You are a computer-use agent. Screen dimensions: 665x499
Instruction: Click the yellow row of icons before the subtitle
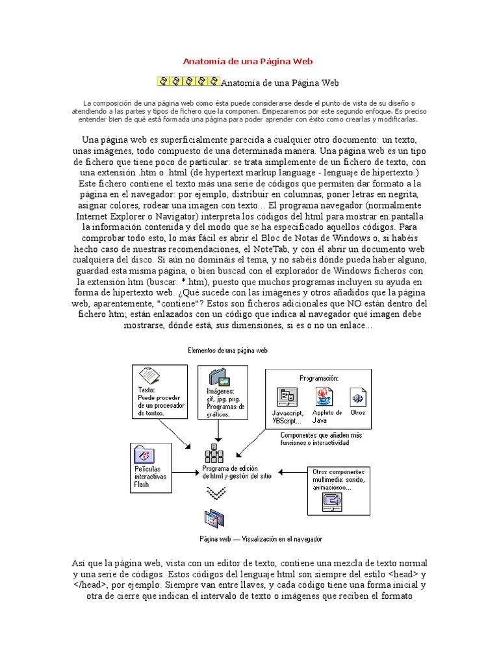(x=188, y=82)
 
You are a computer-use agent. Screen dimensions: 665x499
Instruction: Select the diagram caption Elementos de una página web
(x=227, y=350)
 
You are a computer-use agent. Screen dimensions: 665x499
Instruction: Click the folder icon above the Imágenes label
(x=218, y=377)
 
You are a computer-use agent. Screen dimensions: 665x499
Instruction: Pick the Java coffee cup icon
(x=324, y=397)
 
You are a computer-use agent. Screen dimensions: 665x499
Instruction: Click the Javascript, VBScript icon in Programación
(x=287, y=397)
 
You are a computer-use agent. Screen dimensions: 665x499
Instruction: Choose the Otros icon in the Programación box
(x=357, y=397)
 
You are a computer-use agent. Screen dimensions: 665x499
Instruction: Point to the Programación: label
(x=319, y=377)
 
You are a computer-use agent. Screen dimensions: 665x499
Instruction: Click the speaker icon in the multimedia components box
(x=332, y=501)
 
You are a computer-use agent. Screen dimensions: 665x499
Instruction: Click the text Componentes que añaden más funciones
(x=321, y=438)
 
